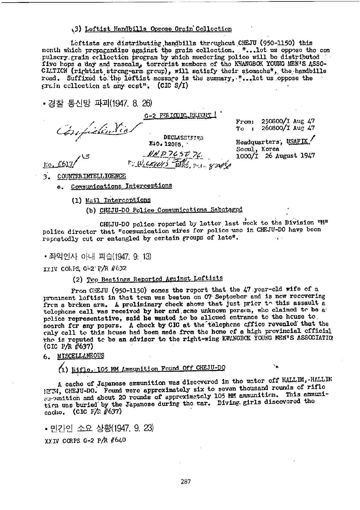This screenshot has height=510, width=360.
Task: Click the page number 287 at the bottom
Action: coord(186,482)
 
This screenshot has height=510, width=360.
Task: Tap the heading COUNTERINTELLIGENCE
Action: coord(91,176)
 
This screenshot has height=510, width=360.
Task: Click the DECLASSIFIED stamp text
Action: coord(183,137)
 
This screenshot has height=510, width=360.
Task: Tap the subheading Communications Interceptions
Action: coord(121,186)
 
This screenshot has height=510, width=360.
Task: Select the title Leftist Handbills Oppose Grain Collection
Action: coord(158,29)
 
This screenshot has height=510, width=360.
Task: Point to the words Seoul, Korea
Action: coord(258,149)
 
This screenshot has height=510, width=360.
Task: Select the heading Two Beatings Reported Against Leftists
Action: coord(154,279)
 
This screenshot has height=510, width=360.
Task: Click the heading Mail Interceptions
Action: coord(118,200)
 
